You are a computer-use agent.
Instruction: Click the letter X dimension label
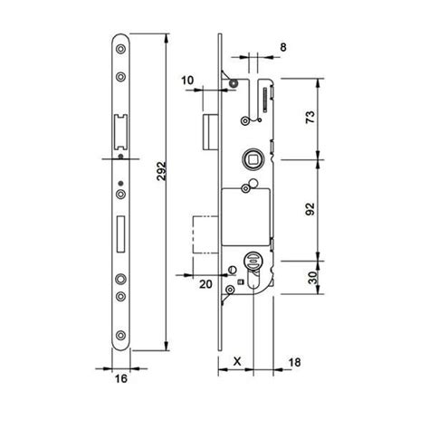tap(237, 359)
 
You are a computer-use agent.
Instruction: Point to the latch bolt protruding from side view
tap(209, 132)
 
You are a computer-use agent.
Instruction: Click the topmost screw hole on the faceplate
tap(120, 51)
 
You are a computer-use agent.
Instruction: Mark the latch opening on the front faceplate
tap(119, 131)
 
